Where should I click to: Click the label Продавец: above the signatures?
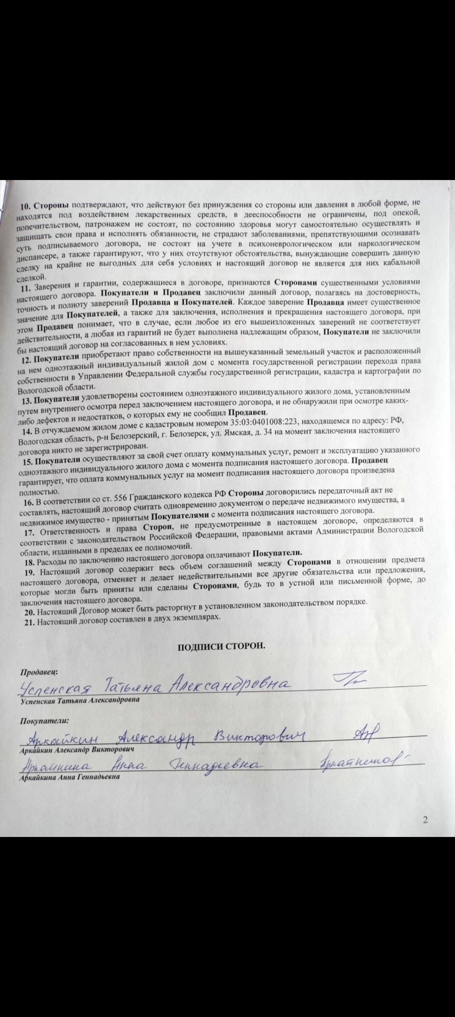[40, 671]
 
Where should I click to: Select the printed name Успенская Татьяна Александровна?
[80, 700]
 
